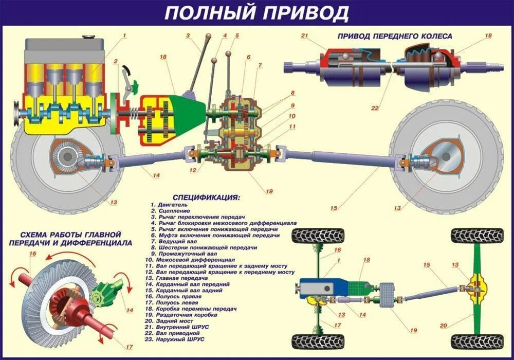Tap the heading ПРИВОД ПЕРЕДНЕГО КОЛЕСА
(395, 37)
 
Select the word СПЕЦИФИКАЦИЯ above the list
(207, 197)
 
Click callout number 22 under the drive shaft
(375, 108)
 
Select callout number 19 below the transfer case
(268, 192)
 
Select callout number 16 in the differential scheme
(32, 254)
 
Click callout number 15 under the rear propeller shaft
(334, 208)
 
